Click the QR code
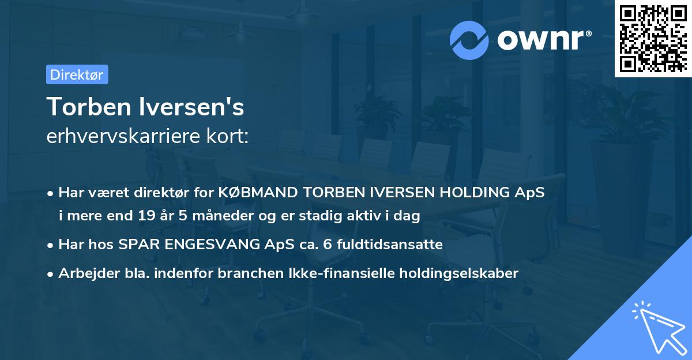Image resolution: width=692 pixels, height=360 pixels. coord(652,38)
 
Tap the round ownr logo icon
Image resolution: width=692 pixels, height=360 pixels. coord(469,40)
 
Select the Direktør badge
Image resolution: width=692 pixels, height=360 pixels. coord(77,74)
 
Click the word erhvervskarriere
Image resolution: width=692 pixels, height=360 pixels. coord(123,136)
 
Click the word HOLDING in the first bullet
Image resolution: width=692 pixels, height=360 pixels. coord(480,193)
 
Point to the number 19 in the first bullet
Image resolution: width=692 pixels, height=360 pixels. coord(146,216)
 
